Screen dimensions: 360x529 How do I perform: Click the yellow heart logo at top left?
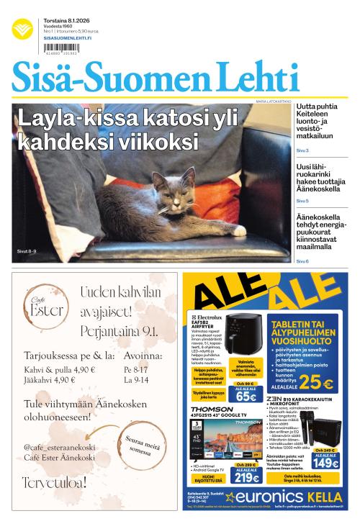pos(22,30)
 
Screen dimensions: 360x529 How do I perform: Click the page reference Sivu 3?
pos(302,150)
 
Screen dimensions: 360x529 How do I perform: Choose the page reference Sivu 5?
pos(302,201)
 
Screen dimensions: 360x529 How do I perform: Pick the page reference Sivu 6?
pos(302,261)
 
